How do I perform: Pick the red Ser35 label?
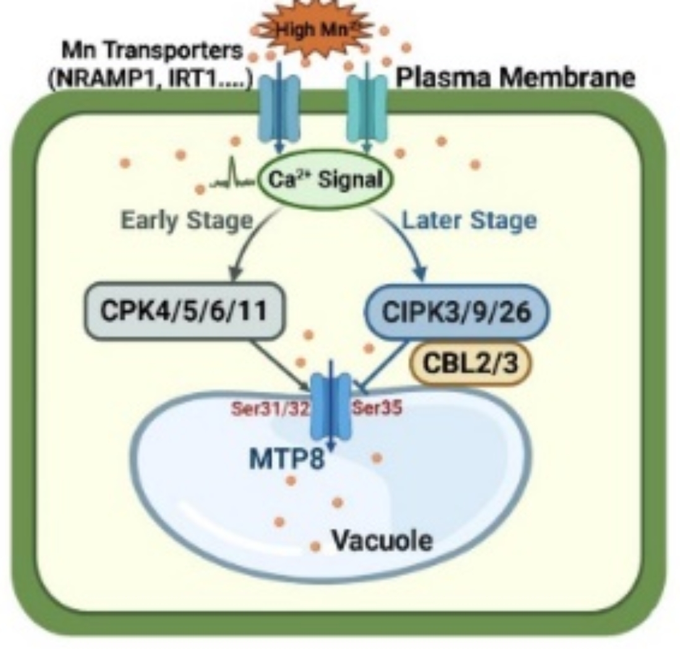point(378,409)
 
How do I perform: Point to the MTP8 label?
point(287,460)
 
